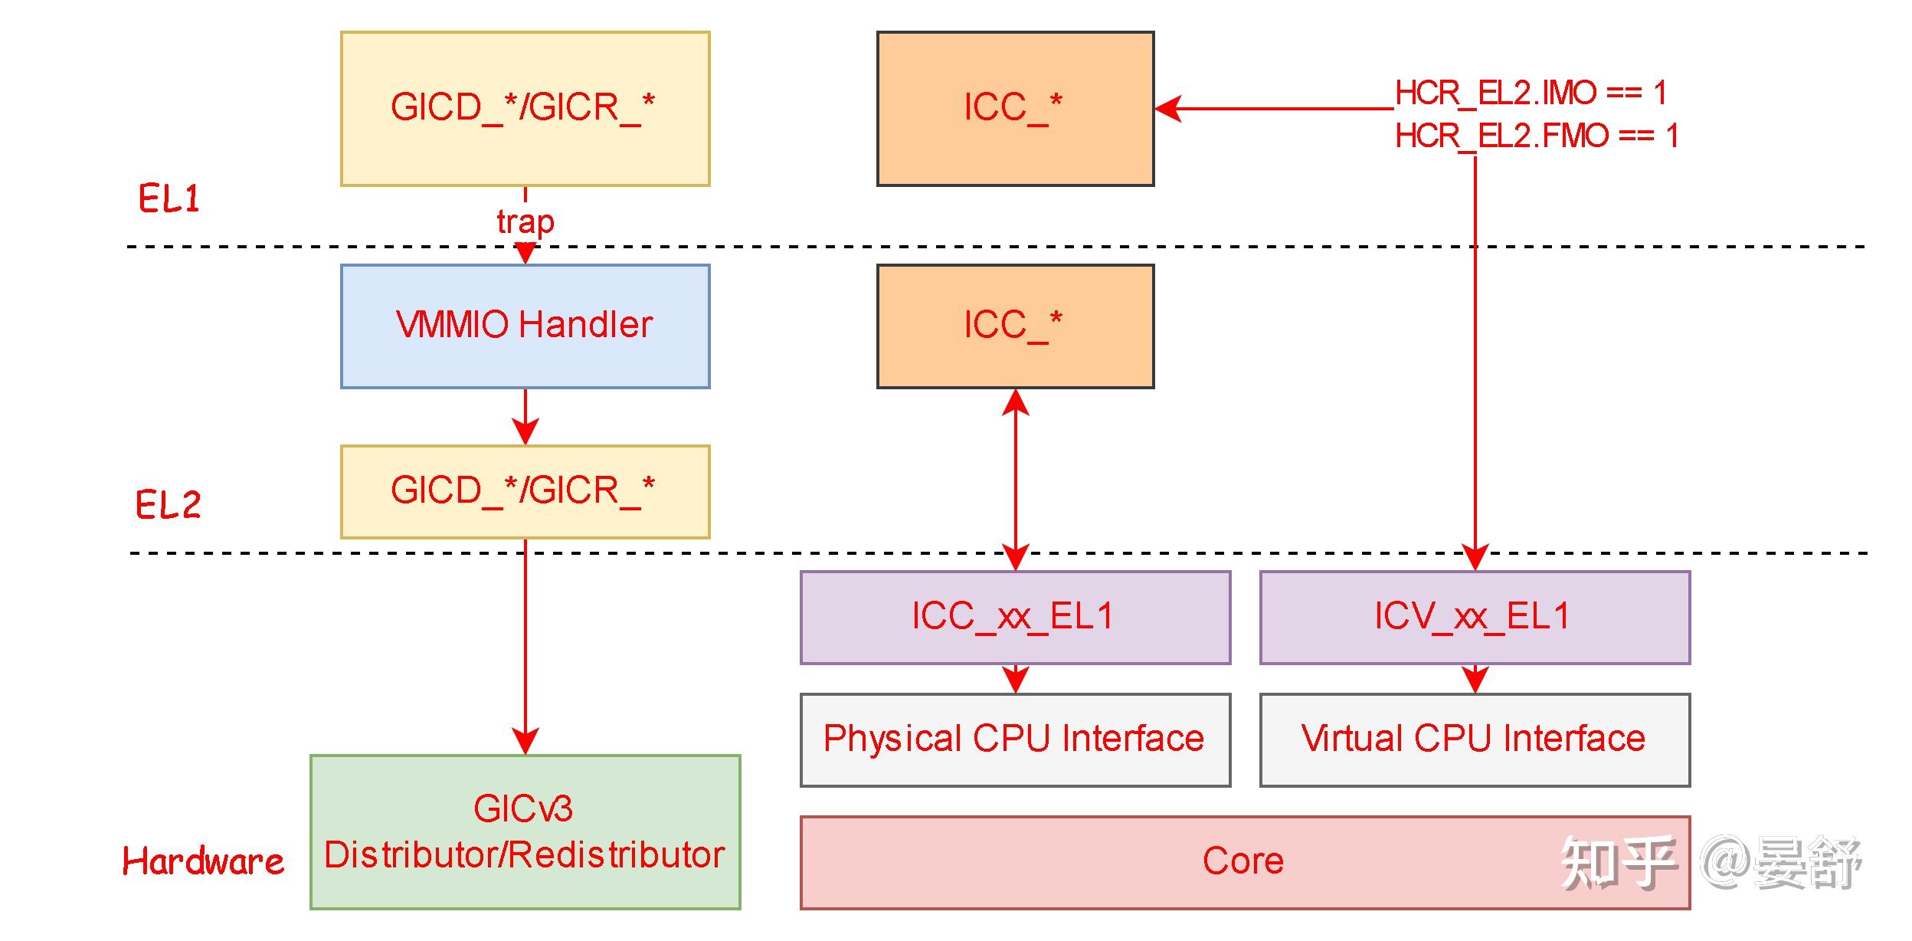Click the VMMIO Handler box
[525, 326]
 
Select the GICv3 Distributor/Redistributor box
[525, 832]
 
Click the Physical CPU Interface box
[1014, 739]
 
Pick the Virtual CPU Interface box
[1474, 739]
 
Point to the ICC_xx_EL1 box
[1014, 617]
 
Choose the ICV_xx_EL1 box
[1474, 617]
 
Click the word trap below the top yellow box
[525, 222]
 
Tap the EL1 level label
[169, 199]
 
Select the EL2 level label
[168, 505]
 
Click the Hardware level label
[203, 861]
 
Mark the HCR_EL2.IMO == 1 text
[1531, 93]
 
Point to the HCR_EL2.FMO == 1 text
[1536, 136]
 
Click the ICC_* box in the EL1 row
[1014, 108]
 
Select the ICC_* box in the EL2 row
[1014, 326]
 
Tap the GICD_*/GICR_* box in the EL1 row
[525, 108]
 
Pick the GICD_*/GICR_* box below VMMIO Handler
[525, 491]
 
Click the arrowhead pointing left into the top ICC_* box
[1168, 109]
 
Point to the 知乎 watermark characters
[1616, 863]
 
